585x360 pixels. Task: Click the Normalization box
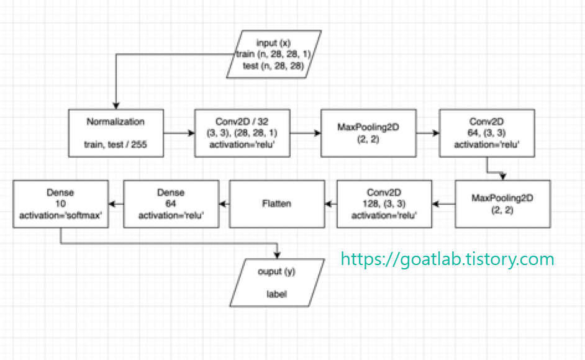coord(116,133)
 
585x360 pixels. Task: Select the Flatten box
coord(278,203)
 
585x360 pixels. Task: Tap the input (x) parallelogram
coord(274,55)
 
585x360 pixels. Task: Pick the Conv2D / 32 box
coord(242,133)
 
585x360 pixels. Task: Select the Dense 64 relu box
coord(171,203)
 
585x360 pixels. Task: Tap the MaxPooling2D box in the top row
coord(368,133)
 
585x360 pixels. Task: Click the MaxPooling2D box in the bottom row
coord(503,203)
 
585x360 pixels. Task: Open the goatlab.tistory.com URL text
coord(447,258)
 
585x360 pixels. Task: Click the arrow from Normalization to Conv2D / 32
coord(179,133)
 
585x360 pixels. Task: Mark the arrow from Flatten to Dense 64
coord(224,203)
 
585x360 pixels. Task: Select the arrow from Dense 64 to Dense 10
coord(116,203)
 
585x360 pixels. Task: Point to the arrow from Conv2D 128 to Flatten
coord(331,203)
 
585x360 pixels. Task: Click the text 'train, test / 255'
coord(116,144)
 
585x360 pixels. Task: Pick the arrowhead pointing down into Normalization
coord(116,106)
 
